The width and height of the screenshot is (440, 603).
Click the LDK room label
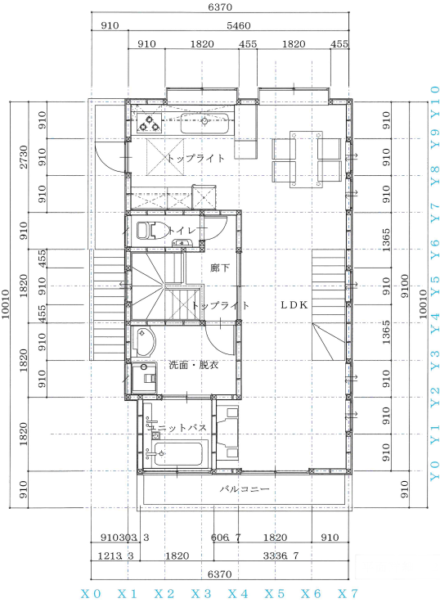coord(294,305)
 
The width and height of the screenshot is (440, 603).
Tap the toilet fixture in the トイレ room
coord(151,231)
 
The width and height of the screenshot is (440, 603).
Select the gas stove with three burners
coord(149,123)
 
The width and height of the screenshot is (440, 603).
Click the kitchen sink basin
coord(204,123)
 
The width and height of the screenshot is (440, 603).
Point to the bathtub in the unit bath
coord(178,454)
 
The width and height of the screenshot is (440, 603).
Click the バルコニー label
coord(245,488)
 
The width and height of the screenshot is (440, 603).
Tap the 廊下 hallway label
coord(220,268)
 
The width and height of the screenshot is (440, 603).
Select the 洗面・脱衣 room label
coord(194,365)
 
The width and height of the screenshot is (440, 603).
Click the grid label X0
coord(91,594)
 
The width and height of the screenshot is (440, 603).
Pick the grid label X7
coord(348,594)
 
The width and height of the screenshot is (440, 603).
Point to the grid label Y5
coord(434,286)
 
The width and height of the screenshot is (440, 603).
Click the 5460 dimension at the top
coord(238,25)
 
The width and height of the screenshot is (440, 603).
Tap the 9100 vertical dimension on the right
coord(405,286)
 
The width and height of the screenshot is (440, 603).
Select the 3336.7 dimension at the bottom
coord(281,556)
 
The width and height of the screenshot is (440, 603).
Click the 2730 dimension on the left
coord(24,157)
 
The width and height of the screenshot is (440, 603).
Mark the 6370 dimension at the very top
coord(220,7)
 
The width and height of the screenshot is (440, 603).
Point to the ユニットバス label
coord(177,427)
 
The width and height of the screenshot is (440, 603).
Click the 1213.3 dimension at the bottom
coord(115,556)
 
